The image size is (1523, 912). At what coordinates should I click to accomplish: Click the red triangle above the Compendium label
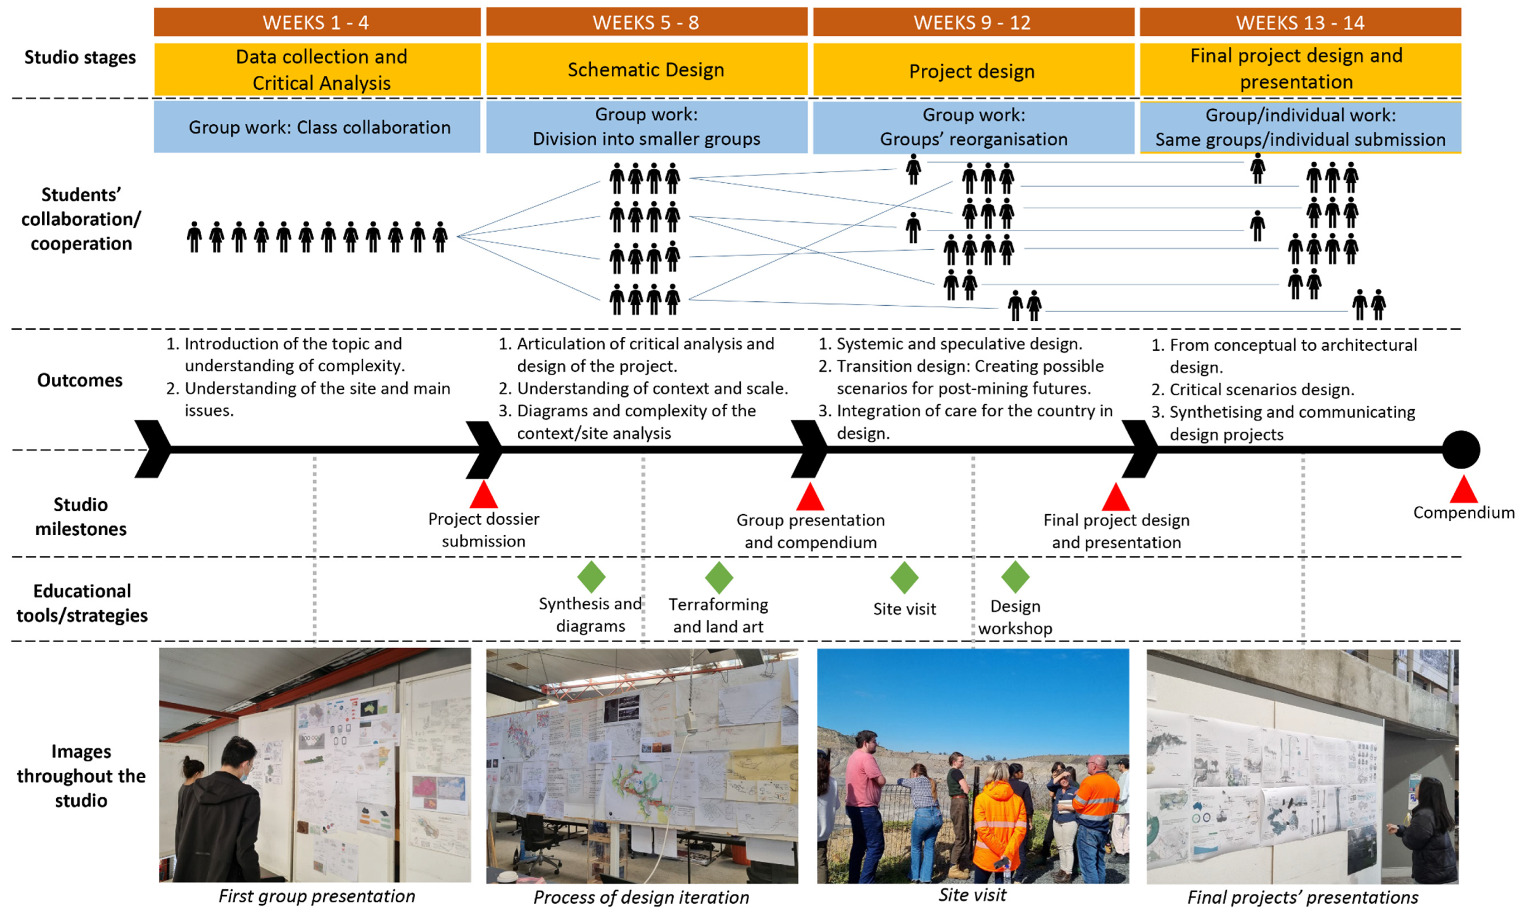coord(1463,490)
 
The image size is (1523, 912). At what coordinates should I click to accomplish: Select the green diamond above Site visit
coord(904,577)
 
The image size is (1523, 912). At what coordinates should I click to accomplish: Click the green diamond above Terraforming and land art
coord(719,577)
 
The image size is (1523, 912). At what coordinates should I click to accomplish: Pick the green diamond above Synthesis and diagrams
coord(591,577)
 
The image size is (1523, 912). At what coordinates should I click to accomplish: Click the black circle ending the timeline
coord(1461,450)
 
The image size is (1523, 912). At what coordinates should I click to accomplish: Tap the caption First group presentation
coord(316,896)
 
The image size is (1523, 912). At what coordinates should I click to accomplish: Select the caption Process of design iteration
coord(641,897)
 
